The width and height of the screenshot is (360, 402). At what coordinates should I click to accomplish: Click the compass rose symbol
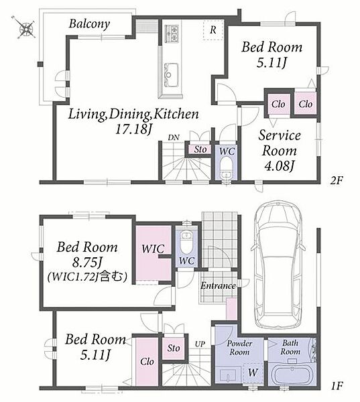pos(26,28)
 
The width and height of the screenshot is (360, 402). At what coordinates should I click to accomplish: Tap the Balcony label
pos(89,24)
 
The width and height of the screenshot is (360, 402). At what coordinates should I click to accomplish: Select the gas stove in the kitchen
pos(172,33)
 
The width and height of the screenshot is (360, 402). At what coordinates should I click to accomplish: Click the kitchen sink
pos(168,75)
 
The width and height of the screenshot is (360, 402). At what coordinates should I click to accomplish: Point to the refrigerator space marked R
pos(213,29)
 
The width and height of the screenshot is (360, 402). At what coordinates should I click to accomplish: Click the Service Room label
pos(280,143)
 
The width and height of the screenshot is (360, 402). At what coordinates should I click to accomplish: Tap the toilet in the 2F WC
pos(227,167)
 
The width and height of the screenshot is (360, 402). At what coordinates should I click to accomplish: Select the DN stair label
pos(174,137)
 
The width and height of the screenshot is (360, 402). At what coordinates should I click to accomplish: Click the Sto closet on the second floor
pos(200,149)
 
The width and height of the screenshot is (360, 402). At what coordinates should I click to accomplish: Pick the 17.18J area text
pos(133,129)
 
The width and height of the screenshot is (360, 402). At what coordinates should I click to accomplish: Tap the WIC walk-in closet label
pos(153,249)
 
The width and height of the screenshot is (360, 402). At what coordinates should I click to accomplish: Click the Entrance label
pos(218,285)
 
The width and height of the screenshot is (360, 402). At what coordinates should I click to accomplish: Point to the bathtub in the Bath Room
pos(292,374)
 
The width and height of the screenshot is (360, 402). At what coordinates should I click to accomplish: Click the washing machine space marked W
pos(253,373)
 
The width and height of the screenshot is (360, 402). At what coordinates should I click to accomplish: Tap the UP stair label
pos(200,344)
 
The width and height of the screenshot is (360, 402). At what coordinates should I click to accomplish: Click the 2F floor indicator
pos(337,181)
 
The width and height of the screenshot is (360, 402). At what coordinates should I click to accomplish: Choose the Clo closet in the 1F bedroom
pos(147,362)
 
